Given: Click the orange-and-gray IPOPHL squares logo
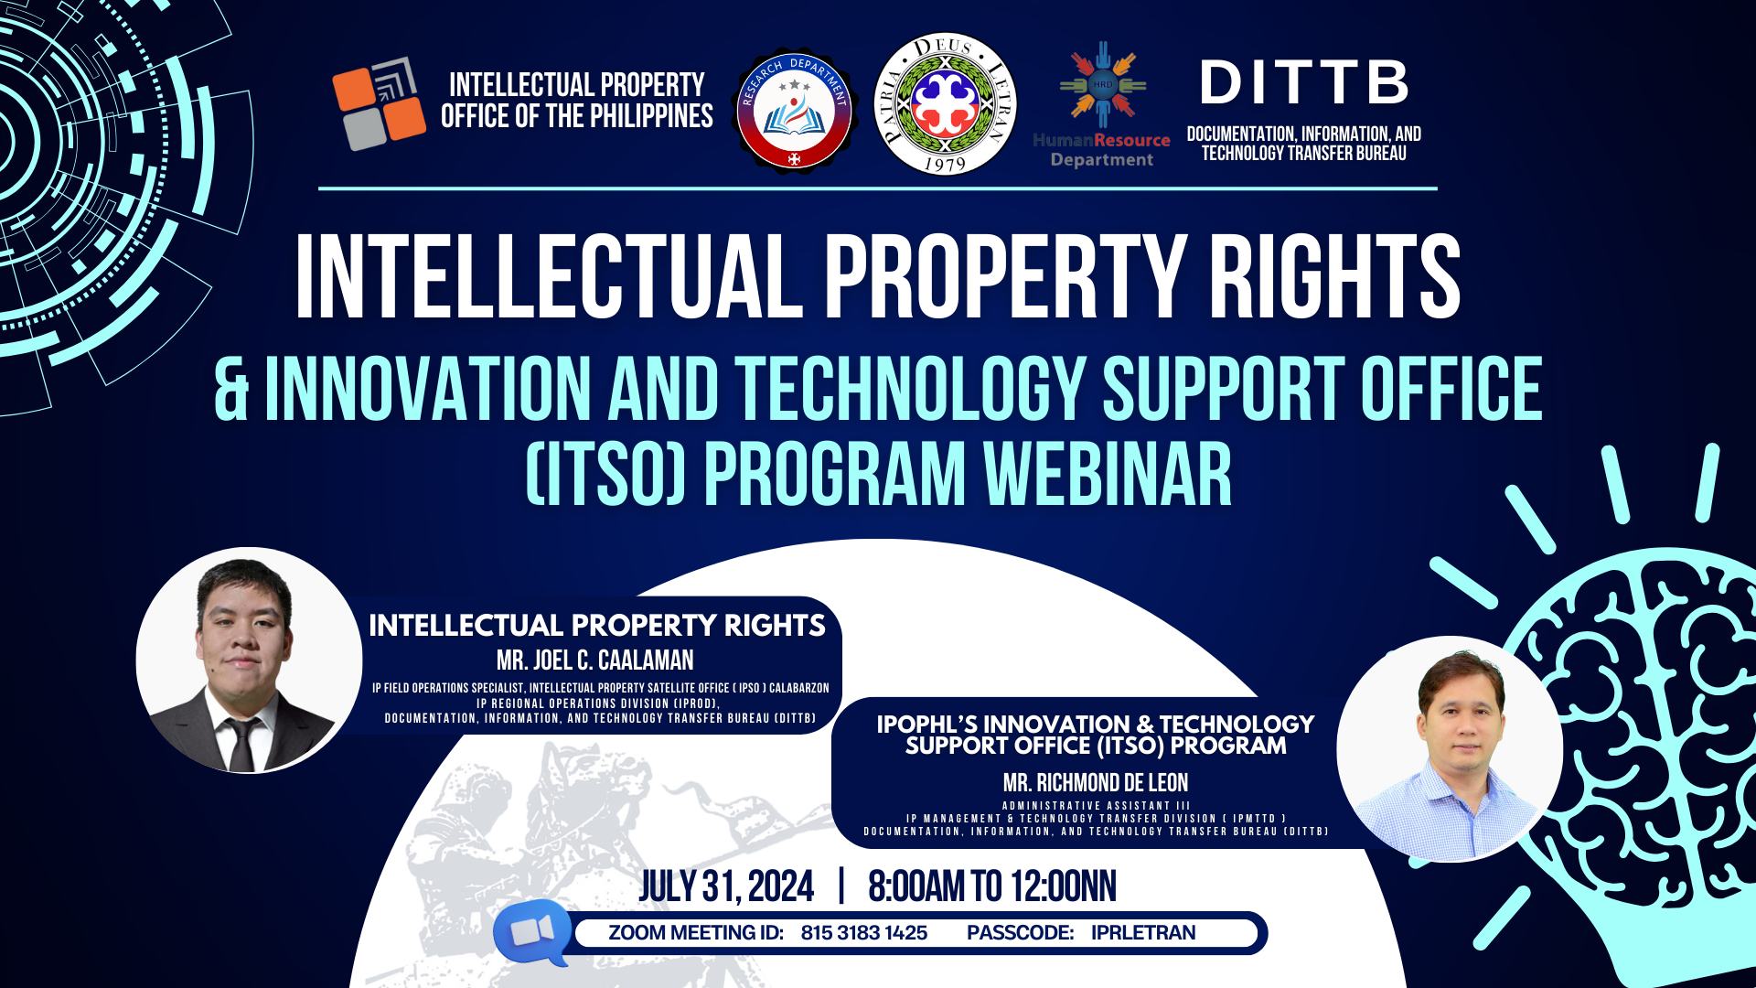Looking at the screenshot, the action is pos(379,102).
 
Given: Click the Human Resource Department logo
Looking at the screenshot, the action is pos(1101,105).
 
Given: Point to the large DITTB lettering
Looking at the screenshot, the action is pos(1304,84).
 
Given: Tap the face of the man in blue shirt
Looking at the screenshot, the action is pos(1448,723).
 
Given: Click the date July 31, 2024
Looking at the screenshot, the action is pos(726,886).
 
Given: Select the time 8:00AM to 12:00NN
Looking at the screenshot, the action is pos(992,886).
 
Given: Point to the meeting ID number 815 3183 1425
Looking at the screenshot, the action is pos(864,933).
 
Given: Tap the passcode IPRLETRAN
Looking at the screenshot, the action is pos(1143,933).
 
